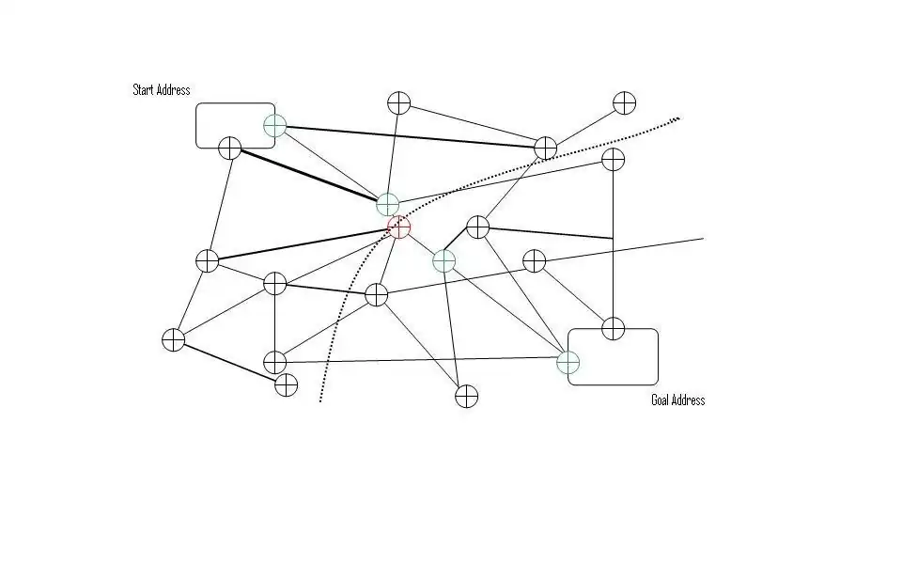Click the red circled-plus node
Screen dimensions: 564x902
point(399,227)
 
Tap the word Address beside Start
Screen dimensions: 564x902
point(175,90)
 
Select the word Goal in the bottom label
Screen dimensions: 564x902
point(661,400)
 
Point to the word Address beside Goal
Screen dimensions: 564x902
point(690,400)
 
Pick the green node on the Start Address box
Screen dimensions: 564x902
point(274,125)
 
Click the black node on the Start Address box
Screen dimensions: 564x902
point(230,148)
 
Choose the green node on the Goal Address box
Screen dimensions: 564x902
point(568,362)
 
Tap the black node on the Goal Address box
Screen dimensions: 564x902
point(613,328)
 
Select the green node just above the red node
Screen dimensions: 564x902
point(388,203)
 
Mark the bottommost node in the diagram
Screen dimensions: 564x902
point(467,396)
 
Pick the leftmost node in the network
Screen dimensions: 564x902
point(173,339)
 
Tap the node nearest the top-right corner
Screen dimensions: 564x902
point(625,102)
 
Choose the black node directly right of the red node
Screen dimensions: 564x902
point(477,227)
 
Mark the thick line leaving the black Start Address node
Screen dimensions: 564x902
point(310,176)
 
